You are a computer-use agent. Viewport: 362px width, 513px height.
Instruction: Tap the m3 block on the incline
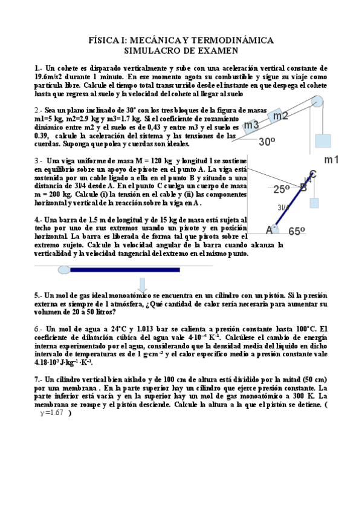pos(252,125)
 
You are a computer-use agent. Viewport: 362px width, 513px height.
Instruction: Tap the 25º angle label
pos(282,189)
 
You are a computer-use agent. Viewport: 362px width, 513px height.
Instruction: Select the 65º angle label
pos(297,230)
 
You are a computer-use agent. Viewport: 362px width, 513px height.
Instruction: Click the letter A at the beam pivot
pos(270,230)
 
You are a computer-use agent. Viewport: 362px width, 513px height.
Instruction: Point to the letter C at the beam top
pos(313,174)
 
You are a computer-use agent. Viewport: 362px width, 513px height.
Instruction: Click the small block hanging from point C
pos(314,203)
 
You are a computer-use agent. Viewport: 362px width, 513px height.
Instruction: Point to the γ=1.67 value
pos(50,413)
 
